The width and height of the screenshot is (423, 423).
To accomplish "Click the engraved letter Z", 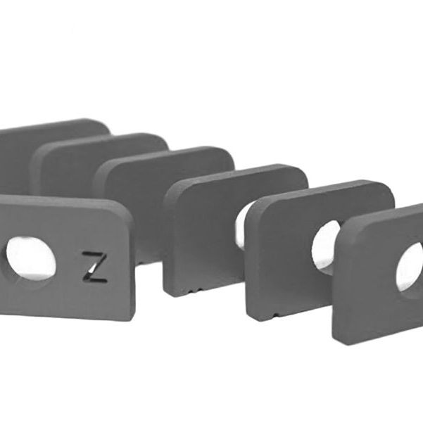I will (x=94, y=267).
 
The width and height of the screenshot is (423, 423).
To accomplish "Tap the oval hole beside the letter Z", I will (x=30, y=258).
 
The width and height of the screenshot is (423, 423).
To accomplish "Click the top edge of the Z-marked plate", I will (x=63, y=199).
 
